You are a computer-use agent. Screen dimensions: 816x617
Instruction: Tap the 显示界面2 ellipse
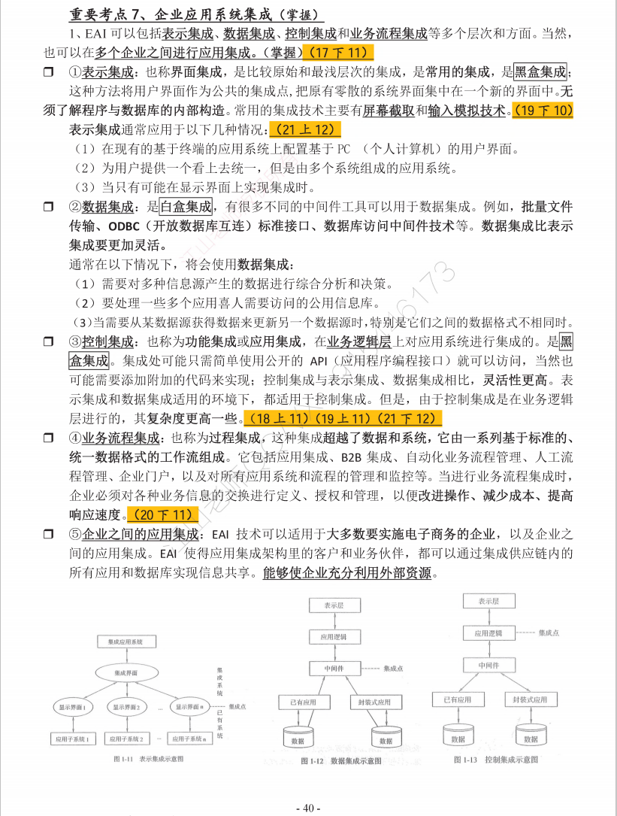tap(127, 707)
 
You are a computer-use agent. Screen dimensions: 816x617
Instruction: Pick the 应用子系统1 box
tap(72, 739)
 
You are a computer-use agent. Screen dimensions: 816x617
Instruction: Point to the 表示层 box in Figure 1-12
tap(334, 605)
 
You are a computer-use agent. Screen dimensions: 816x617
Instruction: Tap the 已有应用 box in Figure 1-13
tap(452, 699)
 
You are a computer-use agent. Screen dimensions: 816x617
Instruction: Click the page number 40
tap(308, 807)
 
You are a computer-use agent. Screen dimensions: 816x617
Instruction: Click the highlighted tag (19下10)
tap(543, 111)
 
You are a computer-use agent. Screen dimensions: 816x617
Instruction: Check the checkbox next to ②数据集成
tap(49, 206)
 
